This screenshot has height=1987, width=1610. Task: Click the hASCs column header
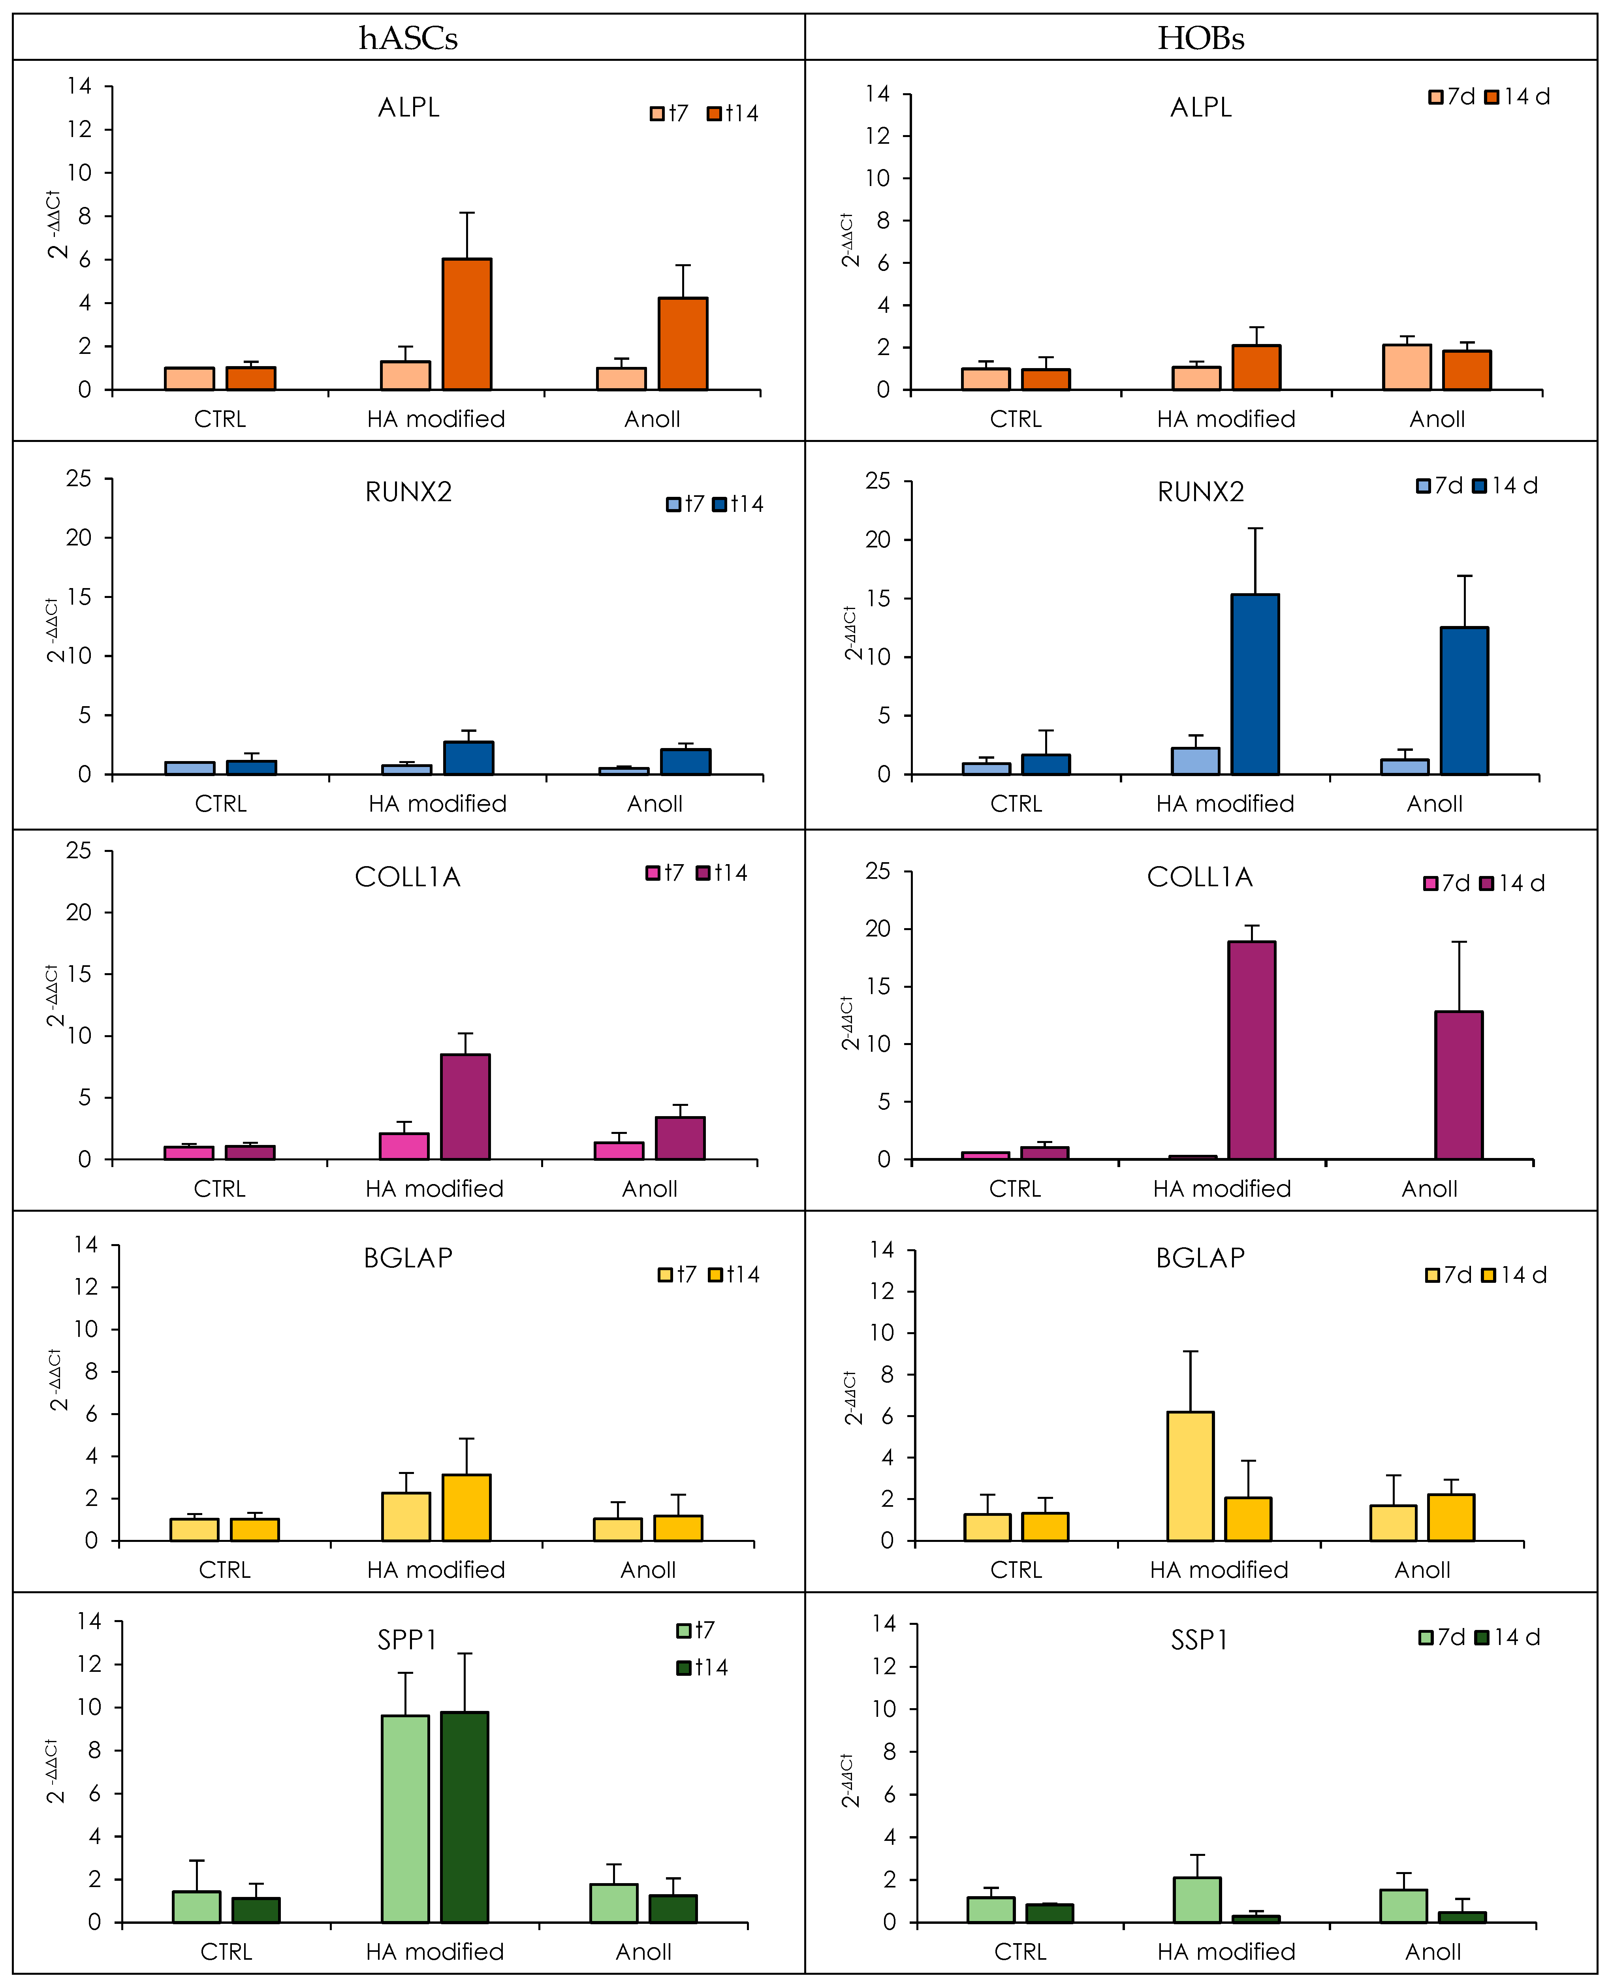pyautogui.click(x=408, y=38)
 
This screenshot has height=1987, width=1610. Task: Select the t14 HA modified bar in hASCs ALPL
pyautogui.click(x=466, y=325)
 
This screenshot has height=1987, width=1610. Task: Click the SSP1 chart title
pyautogui.click(x=1199, y=1640)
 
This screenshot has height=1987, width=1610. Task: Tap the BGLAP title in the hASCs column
pyautogui.click(x=408, y=1258)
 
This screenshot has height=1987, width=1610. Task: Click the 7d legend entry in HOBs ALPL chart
pyautogui.click(x=1452, y=96)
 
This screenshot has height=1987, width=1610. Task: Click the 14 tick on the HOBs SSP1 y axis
pyautogui.click(x=884, y=1622)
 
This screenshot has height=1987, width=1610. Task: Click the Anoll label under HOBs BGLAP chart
pyautogui.click(x=1422, y=1570)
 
